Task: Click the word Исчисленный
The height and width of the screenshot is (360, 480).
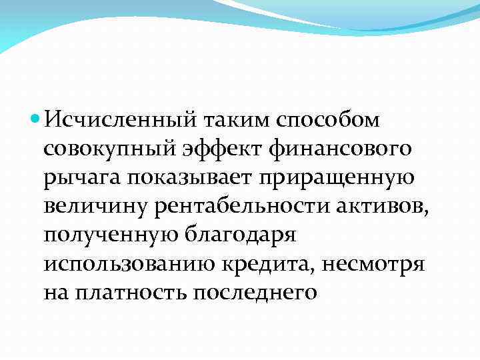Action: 115,121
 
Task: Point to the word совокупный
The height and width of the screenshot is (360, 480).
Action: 106,150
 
